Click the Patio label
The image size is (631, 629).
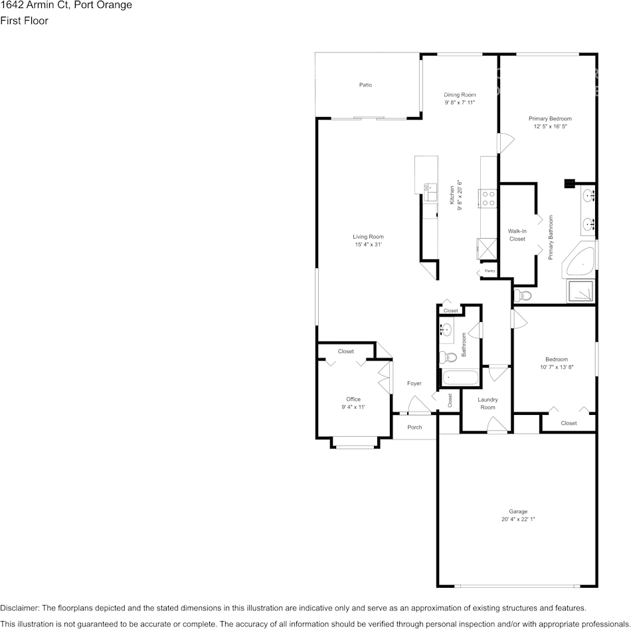365,85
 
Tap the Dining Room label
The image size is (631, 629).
460,95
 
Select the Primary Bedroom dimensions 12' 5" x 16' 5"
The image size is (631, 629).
550,126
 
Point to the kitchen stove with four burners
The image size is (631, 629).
488,197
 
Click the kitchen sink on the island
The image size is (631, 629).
429,191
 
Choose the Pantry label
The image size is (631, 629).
490,271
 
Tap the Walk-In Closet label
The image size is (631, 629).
517,235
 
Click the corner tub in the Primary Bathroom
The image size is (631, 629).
580,264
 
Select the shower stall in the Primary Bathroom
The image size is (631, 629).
580,291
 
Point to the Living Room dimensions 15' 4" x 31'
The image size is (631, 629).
368,245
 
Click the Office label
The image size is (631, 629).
353,399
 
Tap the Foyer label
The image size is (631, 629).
414,384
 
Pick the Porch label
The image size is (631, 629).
414,428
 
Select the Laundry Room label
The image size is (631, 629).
488,403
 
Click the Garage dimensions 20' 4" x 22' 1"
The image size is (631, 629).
519,519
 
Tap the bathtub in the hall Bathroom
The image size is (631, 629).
459,378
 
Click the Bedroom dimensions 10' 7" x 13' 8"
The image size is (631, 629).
557,367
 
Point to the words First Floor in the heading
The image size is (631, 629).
24,21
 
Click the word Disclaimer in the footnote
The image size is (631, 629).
19,608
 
